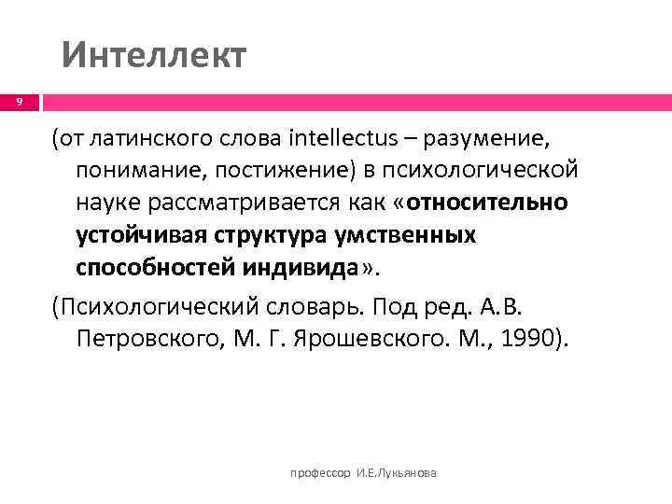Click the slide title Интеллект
pyautogui.click(x=154, y=55)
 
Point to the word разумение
pyautogui.click(x=486, y=140)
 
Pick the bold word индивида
pyautogui.click(x=301, y=267)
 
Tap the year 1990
pyautogui.click(x=526, y=339)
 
